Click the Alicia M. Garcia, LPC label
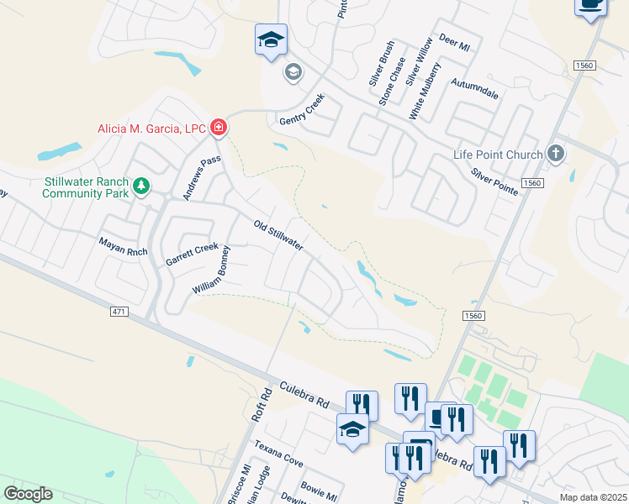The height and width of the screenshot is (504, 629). click(152, 128)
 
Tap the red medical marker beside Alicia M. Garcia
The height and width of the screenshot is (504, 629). click(219, 128)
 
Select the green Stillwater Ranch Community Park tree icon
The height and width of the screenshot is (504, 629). click(142, 186)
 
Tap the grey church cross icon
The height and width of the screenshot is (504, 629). click(554, 154)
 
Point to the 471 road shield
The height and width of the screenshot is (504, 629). click(119, 312)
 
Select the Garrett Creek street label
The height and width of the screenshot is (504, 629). click(192, 255)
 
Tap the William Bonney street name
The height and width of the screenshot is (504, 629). click(211, 270)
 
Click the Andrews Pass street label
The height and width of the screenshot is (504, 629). click(209, 173)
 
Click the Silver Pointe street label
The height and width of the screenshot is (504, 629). click(494, 181)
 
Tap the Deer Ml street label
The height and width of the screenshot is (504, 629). click(454, 45)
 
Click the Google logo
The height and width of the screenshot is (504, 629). click(28, 494)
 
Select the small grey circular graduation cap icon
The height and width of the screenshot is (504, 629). click(293, 71)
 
